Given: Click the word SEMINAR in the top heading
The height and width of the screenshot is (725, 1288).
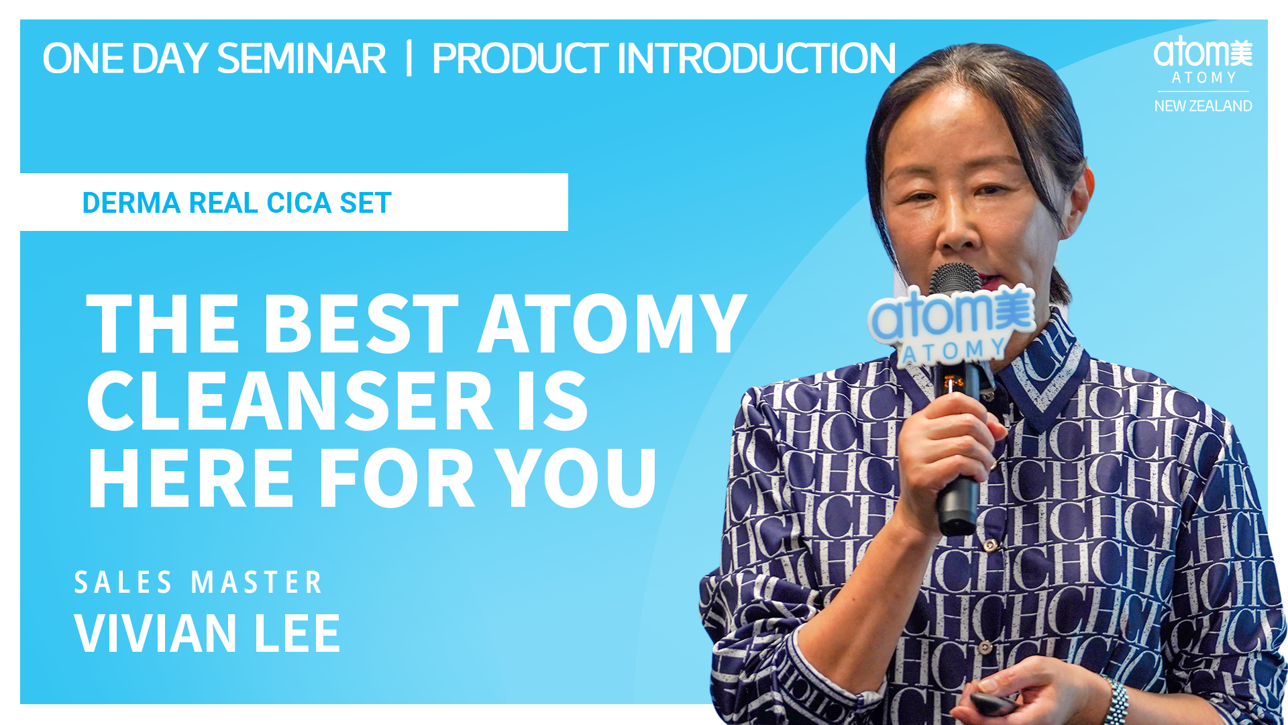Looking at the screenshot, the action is point(301,58).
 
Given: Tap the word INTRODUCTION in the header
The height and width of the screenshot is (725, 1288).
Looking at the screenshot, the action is point(756,58).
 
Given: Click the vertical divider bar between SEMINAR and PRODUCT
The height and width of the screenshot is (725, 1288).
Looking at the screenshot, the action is point(409,58).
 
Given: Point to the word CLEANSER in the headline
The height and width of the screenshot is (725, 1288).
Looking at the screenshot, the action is point(290,401).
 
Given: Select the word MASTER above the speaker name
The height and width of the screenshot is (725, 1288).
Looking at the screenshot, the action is point(257,582).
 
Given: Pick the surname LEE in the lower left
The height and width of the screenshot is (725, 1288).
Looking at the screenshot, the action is point(297,633).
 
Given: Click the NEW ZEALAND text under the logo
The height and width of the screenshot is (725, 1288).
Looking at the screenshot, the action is point(1203,106).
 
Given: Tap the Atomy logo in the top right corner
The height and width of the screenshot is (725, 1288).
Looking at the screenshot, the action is point(1203,60).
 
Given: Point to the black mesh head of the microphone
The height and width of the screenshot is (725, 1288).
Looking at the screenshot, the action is point(956,279).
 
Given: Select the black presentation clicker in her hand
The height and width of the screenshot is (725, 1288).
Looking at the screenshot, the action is point(993,704).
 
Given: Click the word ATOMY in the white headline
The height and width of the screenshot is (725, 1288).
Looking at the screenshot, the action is point(612,324).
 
